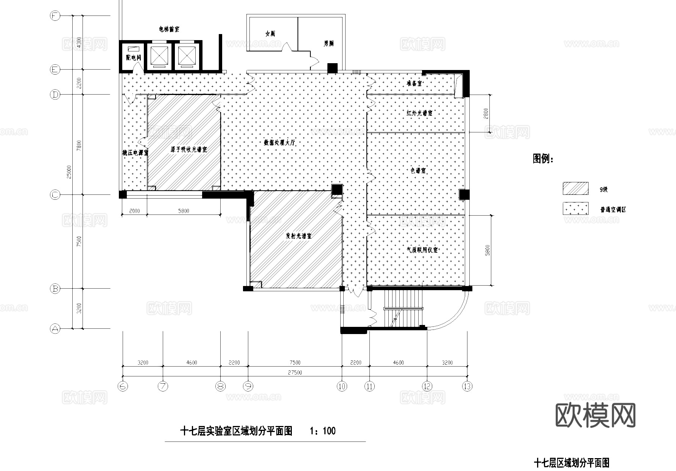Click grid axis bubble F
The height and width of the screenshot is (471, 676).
pyautogui.click(x=55, y=16)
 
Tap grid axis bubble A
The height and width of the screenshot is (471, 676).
pyautogui.click(x=55, y=328)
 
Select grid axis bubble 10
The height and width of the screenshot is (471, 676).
pyautogui.click(x=342, y=386)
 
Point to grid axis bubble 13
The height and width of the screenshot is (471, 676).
pyautogui.click(x=467, y=386)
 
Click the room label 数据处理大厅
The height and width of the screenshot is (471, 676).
pyautogui.click(x=279, y=143)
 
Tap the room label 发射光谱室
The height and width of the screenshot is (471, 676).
pyautogui.click(x=298, y=236)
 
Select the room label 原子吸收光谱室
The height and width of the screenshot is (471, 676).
pyautogui.click(x=188, y=149)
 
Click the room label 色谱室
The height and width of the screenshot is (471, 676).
pyautogui.click(x=418, y=171)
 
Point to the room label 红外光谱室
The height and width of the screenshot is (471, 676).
pyautogui.click(x=419, y=113)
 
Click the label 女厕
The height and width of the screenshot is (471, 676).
pyautogui.click(x=270, y=34)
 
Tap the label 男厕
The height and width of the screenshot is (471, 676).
pyautogui.click(x=329, y=44)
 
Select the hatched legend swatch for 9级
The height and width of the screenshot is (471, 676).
pyautogui.click(x=575, y=188)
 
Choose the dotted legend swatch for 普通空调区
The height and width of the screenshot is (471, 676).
pyautogui.click(x=575, y=208)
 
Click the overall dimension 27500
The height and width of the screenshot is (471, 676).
pyautogui.click(x=295, y=373)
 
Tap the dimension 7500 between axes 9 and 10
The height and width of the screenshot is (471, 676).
pyautogui.click(x=295, y=362)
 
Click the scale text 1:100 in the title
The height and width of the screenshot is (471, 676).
pyautogui.click(x=322, y=431)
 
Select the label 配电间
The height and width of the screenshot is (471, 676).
pyautogui.click(x=133, y=58)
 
